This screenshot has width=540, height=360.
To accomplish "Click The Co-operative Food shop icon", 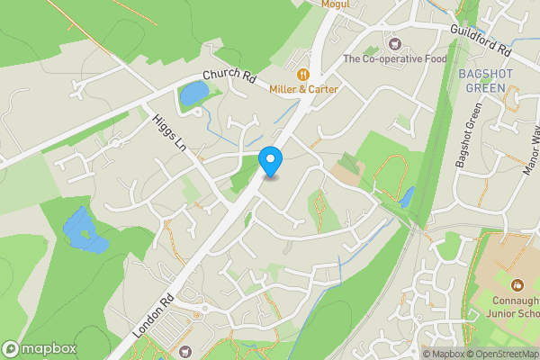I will tap(392, 43).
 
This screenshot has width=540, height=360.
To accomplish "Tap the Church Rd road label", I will tap(230, 78).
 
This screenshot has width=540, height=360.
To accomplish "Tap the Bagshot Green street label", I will tap(469, 139).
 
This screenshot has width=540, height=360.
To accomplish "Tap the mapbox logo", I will tap(40, 348).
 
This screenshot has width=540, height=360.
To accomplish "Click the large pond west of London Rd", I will tap(83, 230).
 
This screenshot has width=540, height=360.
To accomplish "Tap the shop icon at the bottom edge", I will tap(186, 352).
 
